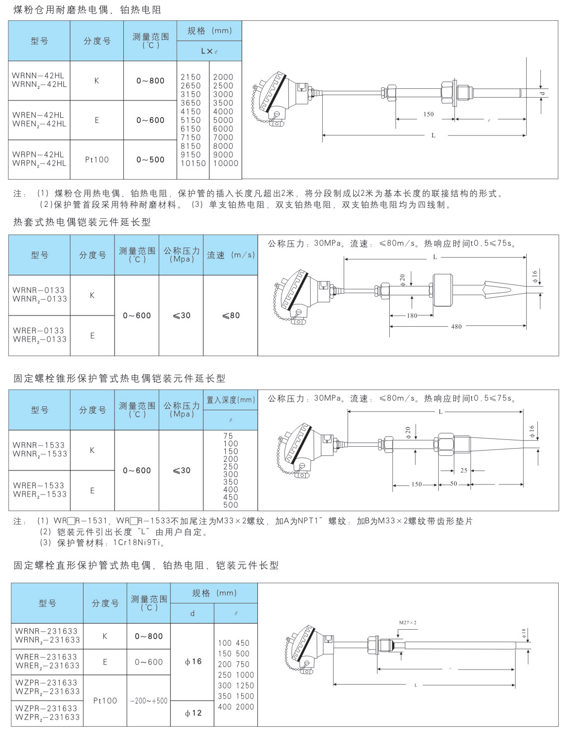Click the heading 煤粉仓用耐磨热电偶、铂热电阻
[x=87, y=10]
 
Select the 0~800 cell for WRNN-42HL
[x=150, y=81]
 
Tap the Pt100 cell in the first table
[x=97, y=160]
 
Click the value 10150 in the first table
[x=193, y=164]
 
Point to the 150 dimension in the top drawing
[x=429, y=115]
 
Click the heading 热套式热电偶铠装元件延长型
[x=82, y=222]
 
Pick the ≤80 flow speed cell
[x=231, y=316]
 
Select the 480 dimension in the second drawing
[x=456, y=327]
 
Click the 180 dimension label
[x=412, y=316]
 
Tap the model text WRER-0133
[x=38, y=331]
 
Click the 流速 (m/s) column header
[x=231, y=255]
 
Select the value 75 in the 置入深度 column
[x=228, y=436]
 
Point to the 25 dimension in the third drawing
[x=464, y=470]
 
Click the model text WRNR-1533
[x=39, y=445]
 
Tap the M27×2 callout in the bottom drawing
[x=408, y=623]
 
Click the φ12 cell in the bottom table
[x=193, y=713]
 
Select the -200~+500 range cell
[x=149, y=701]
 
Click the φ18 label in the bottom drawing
[x=524, y=634]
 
